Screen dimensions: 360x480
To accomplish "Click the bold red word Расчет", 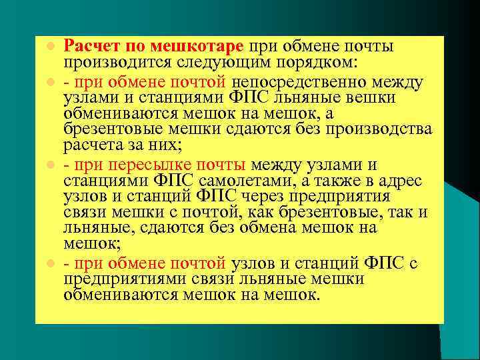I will coord(90,47).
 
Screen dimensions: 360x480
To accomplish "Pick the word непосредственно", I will coord(303,83).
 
